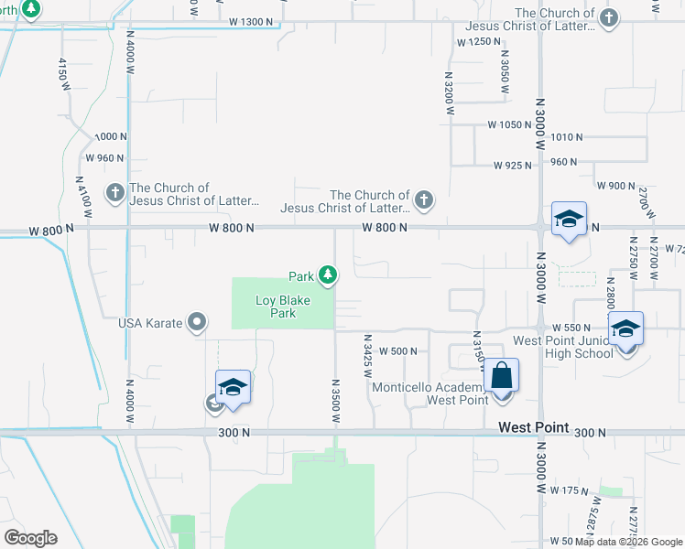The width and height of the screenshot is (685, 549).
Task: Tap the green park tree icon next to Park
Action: (327, 274)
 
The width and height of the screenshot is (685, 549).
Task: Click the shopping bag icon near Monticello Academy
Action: (501, 375)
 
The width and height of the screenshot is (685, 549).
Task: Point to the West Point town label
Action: (534, 427)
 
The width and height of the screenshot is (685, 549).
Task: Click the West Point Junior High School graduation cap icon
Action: (626, 328)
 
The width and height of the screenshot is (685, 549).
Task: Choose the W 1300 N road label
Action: (252, 21)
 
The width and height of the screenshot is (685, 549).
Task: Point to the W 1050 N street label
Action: (510, 124)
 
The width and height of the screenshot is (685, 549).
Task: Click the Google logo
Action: (30, 538)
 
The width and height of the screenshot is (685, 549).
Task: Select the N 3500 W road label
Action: (336, 400)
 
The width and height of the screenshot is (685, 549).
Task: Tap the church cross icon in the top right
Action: (608, 17)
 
